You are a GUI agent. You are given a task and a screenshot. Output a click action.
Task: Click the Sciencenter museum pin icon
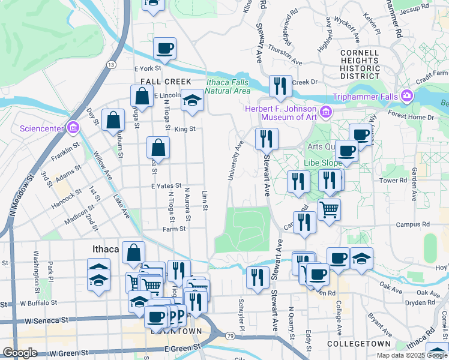click(73, 127)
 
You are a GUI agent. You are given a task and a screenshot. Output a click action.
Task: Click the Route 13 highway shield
click(111, 64)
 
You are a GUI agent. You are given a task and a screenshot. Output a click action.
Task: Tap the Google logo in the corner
click(20, 353)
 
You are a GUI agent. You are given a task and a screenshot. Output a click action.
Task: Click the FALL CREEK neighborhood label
click(166, 82)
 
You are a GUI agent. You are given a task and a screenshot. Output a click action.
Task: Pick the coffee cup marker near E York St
click(164, 49)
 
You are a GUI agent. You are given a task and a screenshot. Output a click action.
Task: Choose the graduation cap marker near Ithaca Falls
click(193, 100)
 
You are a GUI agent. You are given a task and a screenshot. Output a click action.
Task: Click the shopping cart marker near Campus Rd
click(328, 210)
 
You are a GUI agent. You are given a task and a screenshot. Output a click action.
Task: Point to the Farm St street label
click(174, 229)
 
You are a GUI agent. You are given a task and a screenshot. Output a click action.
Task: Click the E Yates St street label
click(166, 186)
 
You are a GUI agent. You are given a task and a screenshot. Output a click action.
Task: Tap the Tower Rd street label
click(393, 180)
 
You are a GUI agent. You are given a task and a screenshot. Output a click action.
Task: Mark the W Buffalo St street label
click(37, 303)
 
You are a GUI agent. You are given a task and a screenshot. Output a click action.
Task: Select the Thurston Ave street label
click(285, 55)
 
